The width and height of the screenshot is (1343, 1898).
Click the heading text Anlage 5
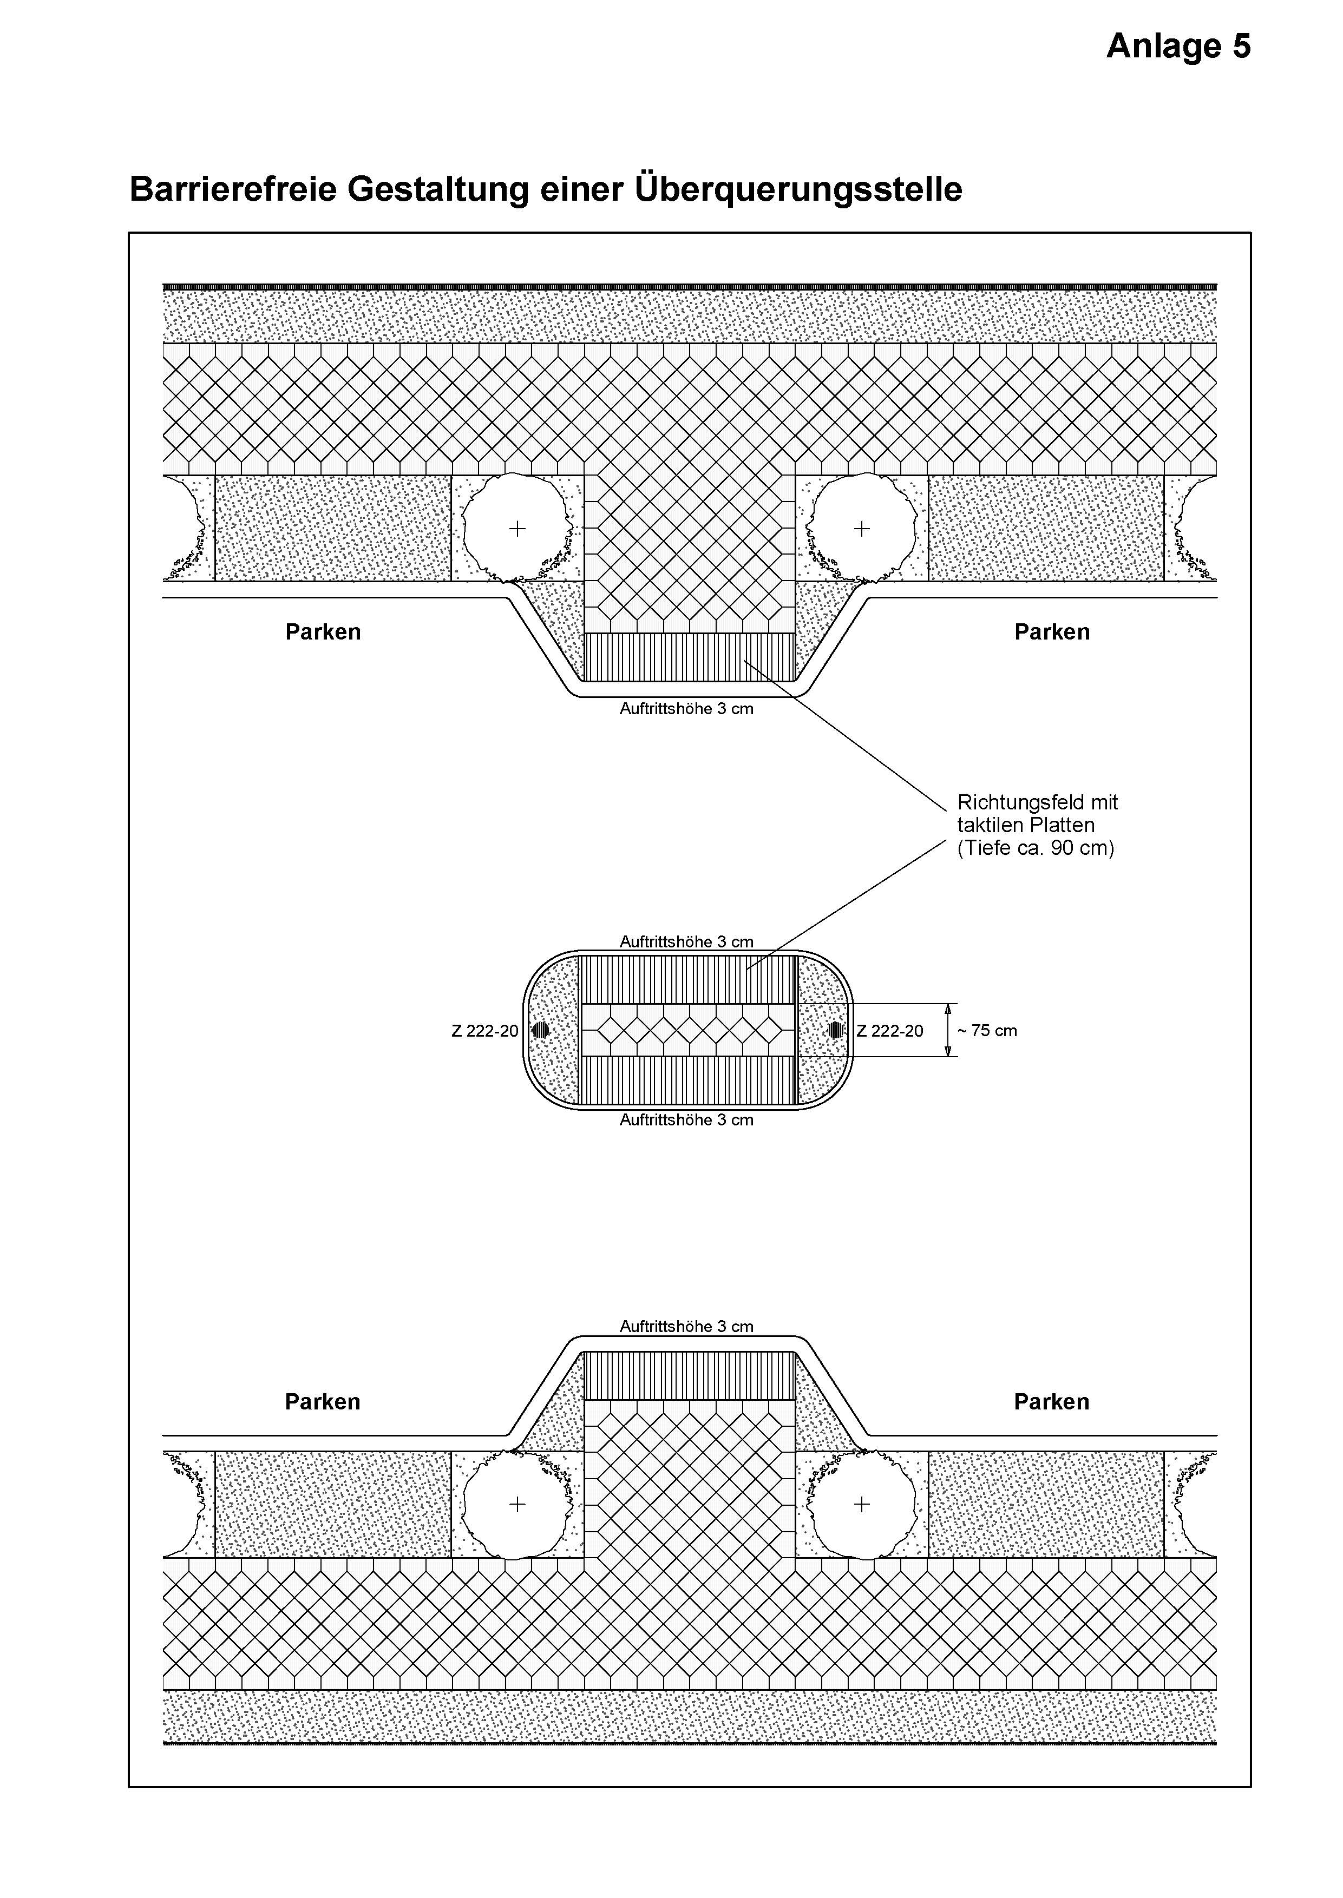[1178, 47]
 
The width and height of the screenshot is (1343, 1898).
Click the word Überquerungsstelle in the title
[799, 189]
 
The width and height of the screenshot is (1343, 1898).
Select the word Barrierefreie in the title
[233, 189]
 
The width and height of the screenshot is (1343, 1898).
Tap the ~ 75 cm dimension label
[987, 1031]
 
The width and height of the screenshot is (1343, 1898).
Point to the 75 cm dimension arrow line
[948, 1030]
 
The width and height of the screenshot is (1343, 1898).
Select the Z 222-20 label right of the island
[890, 1031]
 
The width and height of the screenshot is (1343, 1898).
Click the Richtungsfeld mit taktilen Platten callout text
[1038, 825]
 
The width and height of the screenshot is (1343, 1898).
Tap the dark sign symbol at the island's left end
[540, 1030]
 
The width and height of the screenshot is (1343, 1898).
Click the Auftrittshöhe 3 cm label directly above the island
[686, 941]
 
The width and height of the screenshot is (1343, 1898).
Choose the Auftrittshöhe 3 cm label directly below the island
[686, 1120]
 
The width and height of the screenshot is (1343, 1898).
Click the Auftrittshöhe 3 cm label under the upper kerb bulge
[686, 708]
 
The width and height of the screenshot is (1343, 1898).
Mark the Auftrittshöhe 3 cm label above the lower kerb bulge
[686, 1326]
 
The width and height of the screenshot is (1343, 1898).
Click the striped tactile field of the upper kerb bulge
[690, 657]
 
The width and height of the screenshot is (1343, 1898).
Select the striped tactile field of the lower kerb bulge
[690, 1375]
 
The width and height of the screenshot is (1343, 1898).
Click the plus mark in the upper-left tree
[517, 528]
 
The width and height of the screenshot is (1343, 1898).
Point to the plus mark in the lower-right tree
[862, 1504]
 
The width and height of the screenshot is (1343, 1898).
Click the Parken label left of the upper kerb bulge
[323, 632]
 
